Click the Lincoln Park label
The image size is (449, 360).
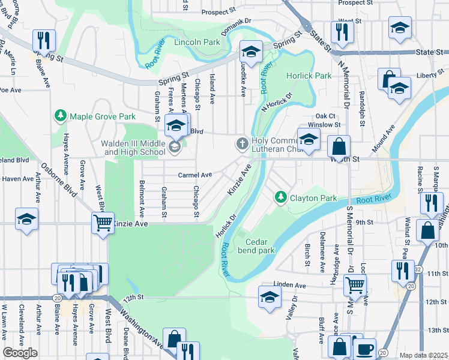coord(196,43)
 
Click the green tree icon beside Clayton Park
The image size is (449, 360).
coord(280,197)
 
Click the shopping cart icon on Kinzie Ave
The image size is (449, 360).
coord(103,223)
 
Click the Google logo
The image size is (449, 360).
coord(19,353)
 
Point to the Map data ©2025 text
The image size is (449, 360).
coord(423,355)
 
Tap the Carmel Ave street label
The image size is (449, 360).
coord(195,175)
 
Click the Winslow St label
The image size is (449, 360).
coord(328,125)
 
